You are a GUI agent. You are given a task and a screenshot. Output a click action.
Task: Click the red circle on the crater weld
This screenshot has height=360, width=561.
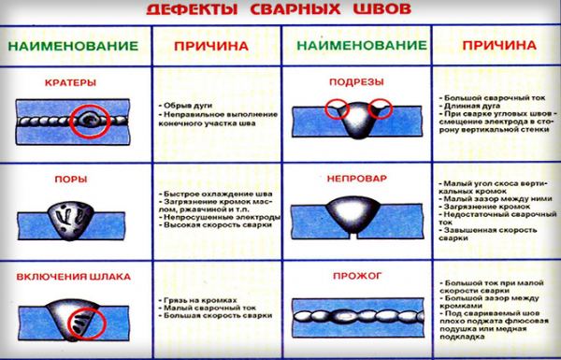(x=91, y=121)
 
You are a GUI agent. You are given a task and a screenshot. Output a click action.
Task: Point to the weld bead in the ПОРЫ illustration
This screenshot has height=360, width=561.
(x=72, y=213)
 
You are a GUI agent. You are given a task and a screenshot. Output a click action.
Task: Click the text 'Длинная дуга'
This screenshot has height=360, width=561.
(x=466, y=105)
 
